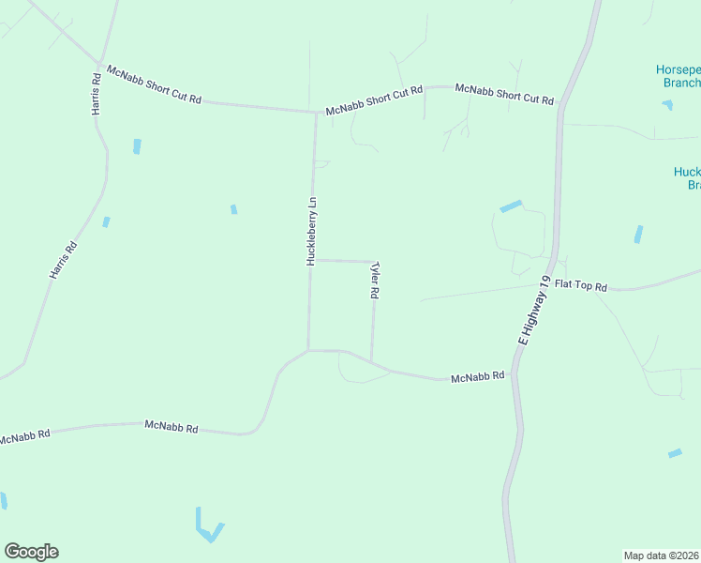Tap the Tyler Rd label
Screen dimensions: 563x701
[x=375, y=281]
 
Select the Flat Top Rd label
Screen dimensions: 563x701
[x=581, y=284]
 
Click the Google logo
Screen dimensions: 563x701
[x=31, y=552]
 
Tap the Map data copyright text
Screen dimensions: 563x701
[x=662, y=555]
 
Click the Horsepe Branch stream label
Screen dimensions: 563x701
[x=677, y=76]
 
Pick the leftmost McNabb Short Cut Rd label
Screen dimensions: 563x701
[x=155, y=84]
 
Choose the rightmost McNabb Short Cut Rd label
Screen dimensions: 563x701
[x=504, y=93]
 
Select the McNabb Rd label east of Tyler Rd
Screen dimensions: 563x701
[x=478, y=376]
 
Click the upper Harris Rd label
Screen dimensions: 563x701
[x=96, y=94]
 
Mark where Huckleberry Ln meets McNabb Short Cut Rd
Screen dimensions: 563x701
[x=316, y=113]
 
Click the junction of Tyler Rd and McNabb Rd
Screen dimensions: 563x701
[x=372, y=362]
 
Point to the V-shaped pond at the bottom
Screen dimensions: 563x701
[x=208, y=527]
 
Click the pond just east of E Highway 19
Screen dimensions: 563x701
[x=638, y=234]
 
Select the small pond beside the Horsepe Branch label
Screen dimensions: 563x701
[x=667, y=104]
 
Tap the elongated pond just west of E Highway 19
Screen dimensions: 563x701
[x=511, y=206]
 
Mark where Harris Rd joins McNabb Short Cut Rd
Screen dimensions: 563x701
[x=100, y=64]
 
